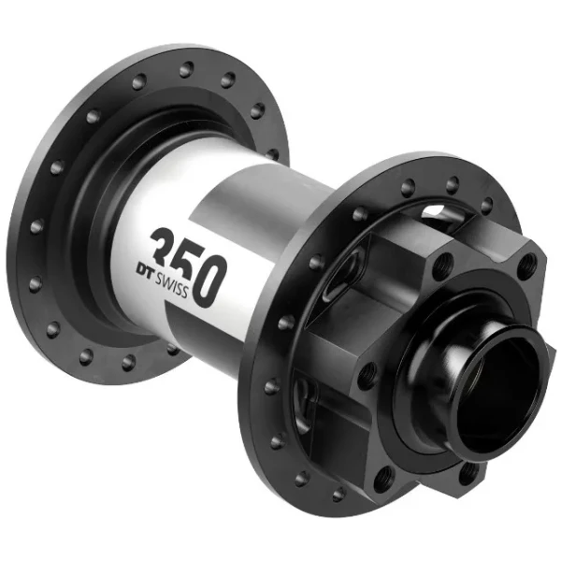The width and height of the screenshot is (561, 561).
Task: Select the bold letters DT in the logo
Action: click(145, 270)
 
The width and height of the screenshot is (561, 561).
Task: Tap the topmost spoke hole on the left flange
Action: click(186, 69)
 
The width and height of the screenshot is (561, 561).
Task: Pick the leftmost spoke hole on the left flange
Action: click(36, 226)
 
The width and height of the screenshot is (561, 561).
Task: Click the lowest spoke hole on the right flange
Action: click(338, 495)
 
